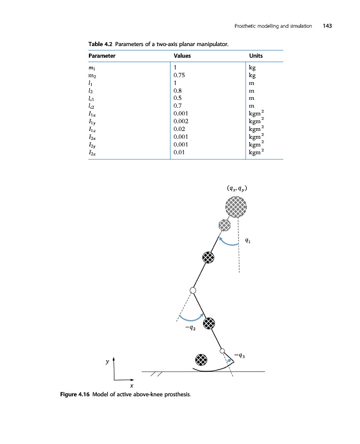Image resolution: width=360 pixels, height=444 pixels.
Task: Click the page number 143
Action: point(327,26)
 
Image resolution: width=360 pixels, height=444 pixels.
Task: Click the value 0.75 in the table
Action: point(179,75)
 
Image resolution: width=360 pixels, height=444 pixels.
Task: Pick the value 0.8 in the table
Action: point(177,90)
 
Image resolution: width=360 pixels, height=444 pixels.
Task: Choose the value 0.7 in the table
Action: point(177,105)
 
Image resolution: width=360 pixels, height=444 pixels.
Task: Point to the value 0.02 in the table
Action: point(179,128)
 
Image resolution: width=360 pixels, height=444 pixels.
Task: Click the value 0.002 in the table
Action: point(181,120)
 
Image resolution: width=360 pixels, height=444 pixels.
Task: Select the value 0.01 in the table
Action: point(179,151)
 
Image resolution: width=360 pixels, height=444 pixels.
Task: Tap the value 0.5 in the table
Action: point(177,98)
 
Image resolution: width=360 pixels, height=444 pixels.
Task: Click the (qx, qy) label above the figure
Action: point(237,188)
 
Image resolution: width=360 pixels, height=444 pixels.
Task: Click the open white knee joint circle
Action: point(193,290)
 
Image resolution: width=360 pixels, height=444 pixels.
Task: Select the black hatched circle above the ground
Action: point(201,359)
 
